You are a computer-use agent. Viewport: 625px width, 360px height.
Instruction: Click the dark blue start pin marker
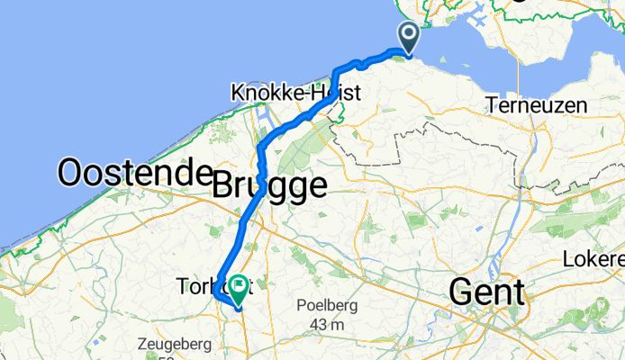coord(408,39)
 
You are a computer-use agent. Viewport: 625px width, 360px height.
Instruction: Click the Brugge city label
coord(269,186)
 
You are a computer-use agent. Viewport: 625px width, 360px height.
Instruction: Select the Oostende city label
coord(129,172)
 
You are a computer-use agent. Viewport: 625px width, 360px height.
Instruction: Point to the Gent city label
coord(486,292)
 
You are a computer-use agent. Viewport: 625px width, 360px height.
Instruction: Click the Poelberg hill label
coord(327,306)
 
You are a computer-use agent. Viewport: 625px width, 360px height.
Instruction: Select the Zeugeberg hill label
coord(174,343)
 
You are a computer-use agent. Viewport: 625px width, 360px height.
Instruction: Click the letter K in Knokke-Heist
coord(238,93)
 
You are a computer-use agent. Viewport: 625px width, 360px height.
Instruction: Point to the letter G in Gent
coord(461,292)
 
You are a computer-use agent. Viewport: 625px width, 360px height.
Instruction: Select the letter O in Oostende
coord(71,172)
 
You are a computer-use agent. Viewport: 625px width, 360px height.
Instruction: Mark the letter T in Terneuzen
coord(491,105)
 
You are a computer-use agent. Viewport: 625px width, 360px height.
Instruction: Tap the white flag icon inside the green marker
coord(239,287)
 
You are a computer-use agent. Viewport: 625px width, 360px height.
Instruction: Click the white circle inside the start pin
coord(408,34)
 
